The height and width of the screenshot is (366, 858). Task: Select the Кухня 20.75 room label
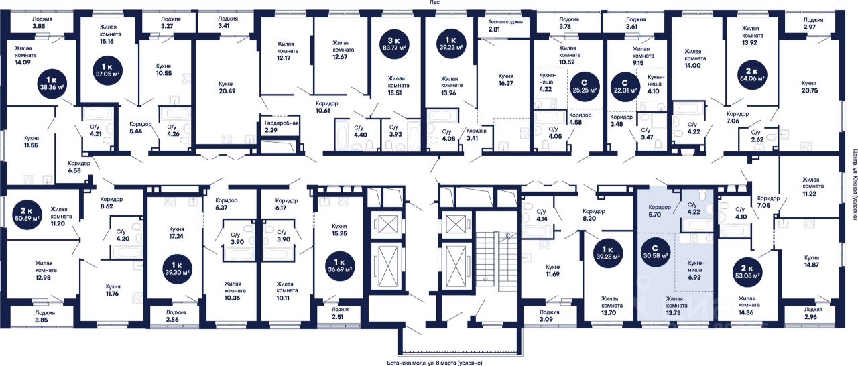809,88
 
